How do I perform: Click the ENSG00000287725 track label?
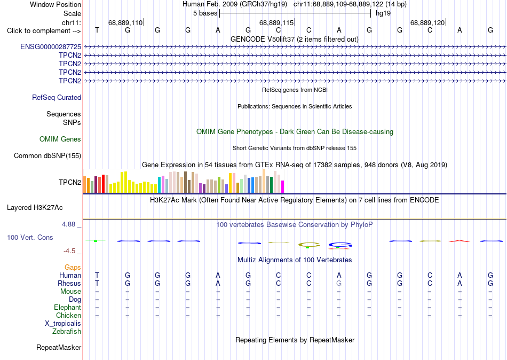pyautogui.click(x=51, y=46)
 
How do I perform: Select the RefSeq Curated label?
pyautogui.click(x=57, y=97)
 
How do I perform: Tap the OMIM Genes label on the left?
pyautogui.click(x=60, y=139)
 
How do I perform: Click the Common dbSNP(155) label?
pyautogui.click(x=47, y=156)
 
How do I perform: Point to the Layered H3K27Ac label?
pyautogui.click(x=35, y=208)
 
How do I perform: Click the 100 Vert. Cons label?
pyautogui.click(x=30, y=237)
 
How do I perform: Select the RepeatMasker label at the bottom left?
pyautogui.click(x=59, y=347)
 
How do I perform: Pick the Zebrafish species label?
pyautogui.click(x=67, y=331)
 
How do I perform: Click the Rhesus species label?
pyautogui.click(x=69, y=283)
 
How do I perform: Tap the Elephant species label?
pyautogui.click(x=68, y=307)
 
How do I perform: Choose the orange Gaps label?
pyautogui.click(x=73, y=267)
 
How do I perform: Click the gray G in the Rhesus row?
pyautogui.click(x=339, y=283)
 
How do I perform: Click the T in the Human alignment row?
pyautogui.click(x=97, y=275)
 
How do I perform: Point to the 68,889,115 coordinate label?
pyautogui.click(x=276, y=22)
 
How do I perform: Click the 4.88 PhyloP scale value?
pyautogui.click(x=68, y=224)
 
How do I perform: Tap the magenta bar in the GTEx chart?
pyautogui.click(x=283, y=187)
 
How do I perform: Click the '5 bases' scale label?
pyautogui.click(x=205, y=13)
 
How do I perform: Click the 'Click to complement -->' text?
pyautogui.click(x=44, y=31)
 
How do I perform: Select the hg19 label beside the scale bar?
pyautogui.click(x=383, y=13)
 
